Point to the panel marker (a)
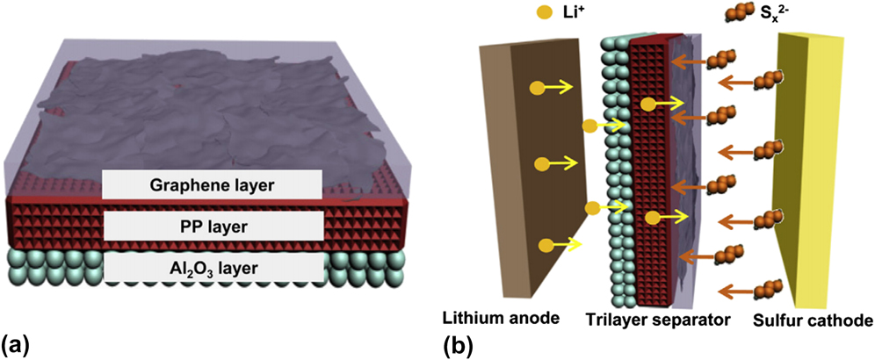[18, 342]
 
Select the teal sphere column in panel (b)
[612, 176]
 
